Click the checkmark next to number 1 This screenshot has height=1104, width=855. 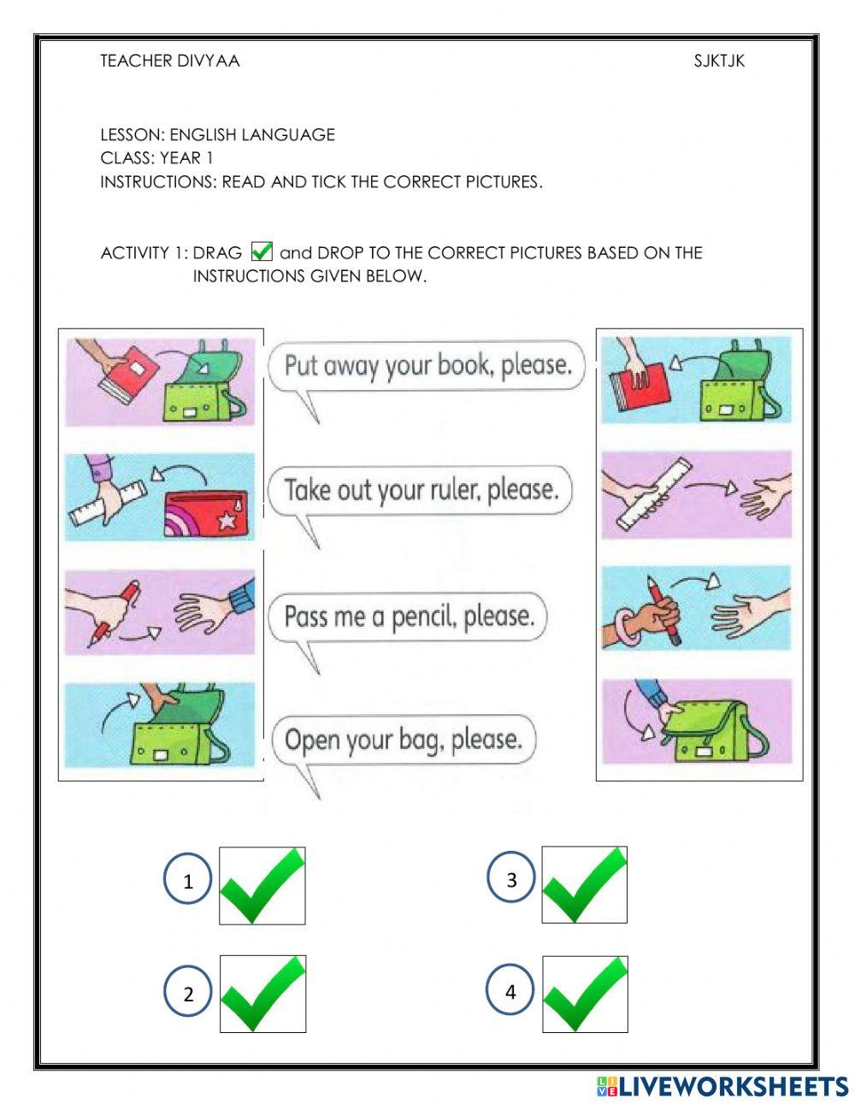tap(262, 885)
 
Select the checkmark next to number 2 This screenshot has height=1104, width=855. tap(262, 994)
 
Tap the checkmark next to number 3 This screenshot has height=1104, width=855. tap(585, 884)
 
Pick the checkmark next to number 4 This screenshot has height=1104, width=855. tap(585, 994)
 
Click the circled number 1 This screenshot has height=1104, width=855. tap(187, 881)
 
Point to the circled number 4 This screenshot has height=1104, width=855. tap(510, 992)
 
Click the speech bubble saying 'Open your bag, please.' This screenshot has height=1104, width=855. tap(403, 740)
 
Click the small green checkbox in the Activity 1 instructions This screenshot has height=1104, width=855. tap(262, 251)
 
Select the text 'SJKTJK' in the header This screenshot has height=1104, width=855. tap(719, 61)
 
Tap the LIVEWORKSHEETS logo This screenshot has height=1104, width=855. tap(722, 1086)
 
